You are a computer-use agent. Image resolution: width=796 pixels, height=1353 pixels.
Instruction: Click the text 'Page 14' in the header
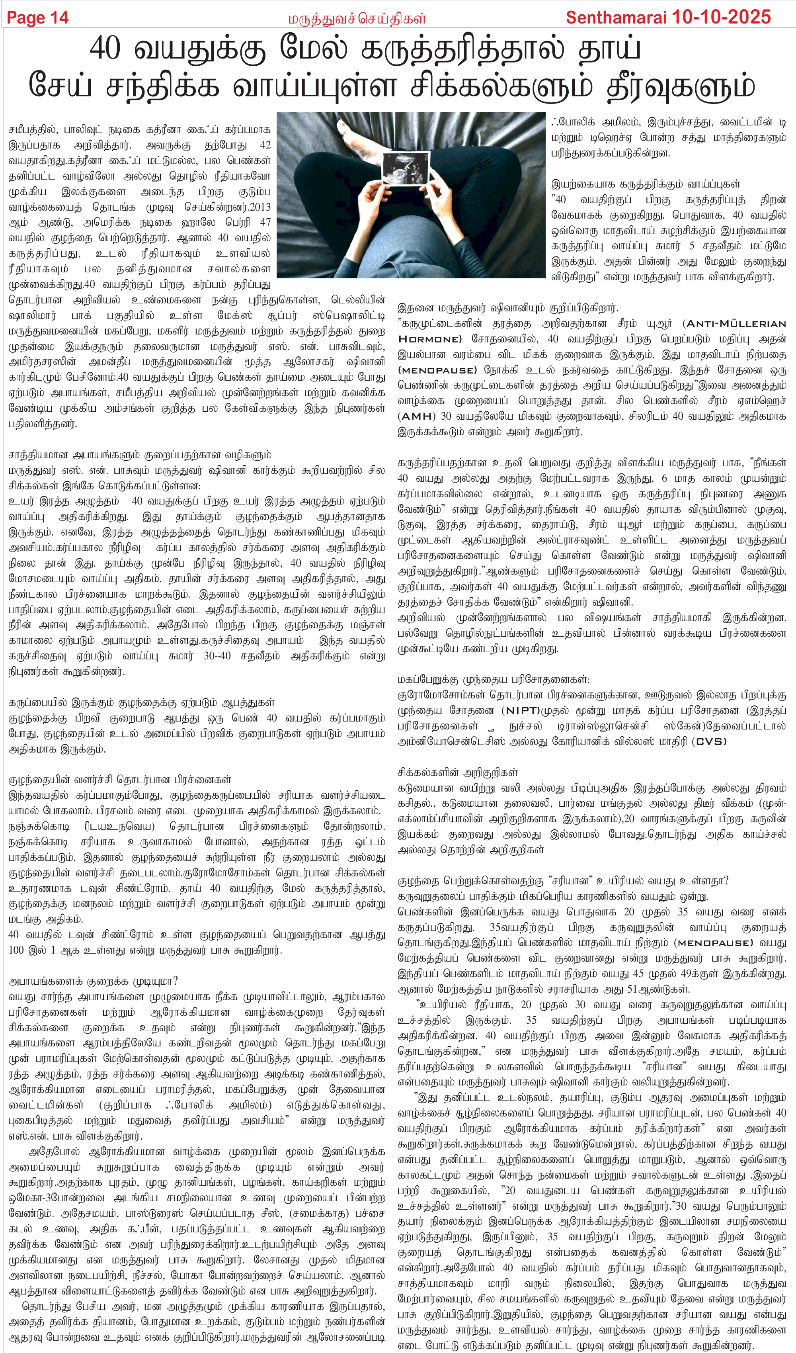pos(37,18)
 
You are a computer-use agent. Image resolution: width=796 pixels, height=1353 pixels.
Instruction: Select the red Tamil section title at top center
pos(357,19)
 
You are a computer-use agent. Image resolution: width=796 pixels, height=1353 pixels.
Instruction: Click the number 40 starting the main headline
pos(105,49)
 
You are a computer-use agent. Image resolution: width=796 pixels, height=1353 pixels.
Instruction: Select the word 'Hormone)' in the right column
pos(430,339)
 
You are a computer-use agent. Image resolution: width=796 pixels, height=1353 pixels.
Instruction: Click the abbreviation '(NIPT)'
pos(520,710)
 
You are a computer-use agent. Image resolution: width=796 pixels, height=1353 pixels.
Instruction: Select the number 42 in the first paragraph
pos(265,145)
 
